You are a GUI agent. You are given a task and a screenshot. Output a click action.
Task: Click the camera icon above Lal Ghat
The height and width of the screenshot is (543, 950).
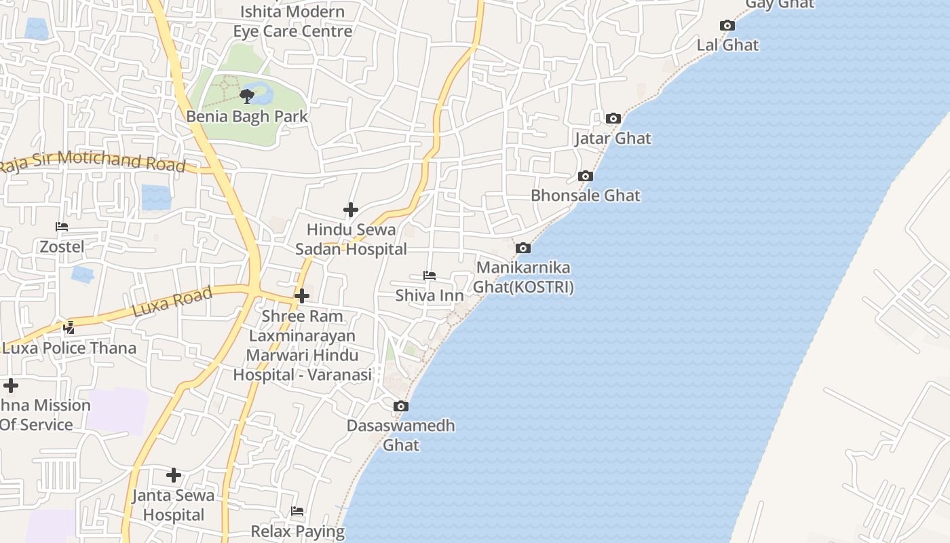(x=727, y=26)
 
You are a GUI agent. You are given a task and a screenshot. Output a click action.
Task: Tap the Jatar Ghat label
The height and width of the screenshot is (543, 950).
(x=613, y=138)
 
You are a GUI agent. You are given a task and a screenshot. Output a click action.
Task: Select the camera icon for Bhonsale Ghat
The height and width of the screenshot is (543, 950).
(x=586, y=176)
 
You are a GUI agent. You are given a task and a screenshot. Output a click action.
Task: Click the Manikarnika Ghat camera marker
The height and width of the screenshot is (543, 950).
(x=522, y=248)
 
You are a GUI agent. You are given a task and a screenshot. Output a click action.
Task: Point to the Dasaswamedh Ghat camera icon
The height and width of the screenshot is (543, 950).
(x=401, y=407)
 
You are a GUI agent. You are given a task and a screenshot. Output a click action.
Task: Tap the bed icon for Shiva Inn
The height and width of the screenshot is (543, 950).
(x=429, y=276)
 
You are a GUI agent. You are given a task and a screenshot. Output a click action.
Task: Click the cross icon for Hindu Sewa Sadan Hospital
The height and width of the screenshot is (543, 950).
(x=350, y=210)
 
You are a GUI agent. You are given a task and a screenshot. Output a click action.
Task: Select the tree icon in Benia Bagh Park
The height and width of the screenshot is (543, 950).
(x=247, y=96)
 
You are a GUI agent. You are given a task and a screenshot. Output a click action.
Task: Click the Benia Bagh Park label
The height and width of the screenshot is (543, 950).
(x=247, y=116)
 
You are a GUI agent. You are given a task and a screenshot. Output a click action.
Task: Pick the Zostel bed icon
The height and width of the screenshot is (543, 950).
(x=62, y=227)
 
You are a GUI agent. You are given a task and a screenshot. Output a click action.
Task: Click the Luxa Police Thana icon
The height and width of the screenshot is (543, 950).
(x=69, y=329)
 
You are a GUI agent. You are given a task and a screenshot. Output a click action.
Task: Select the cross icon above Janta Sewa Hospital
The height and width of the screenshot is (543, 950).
(x=174, y=475)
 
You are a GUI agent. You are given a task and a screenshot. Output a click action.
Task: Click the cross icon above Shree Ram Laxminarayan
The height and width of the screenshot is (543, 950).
(x=302, y=296)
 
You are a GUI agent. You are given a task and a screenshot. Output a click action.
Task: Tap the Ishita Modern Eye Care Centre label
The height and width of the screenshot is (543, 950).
(x=292, y=21)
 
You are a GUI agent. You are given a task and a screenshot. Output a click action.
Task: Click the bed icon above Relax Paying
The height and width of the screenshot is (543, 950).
(x=297, y=511)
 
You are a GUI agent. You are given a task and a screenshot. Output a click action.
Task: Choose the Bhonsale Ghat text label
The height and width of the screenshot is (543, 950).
(x=585, y=195)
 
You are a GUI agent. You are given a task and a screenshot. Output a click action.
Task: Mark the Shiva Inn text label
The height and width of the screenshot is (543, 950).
(x=430, y=295)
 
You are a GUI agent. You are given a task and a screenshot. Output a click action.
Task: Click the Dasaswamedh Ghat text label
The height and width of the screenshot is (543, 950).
(x=400, y=435)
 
